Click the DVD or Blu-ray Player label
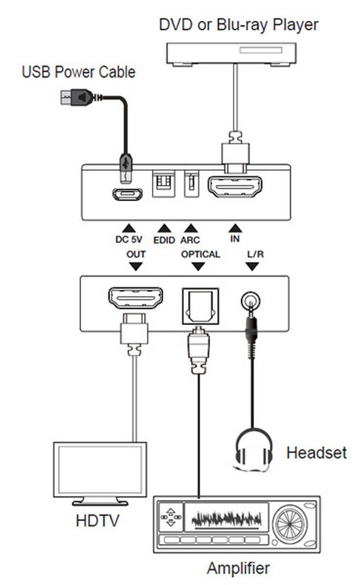pyautogui.click(x=238, y=25)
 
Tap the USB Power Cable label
pyautogui.click(x=78, y=72)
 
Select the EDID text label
pyautogui.click(x=165, y=240)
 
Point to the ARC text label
pyautogui.click(x=190, y=240)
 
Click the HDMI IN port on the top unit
pyautogui.click(x=234, y=187)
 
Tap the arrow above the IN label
pyautogui.click(x=234, y=227)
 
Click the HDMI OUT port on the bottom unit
pyautogui.click(x=135, y=298)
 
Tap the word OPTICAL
pyautogui.click(x=200, y=254)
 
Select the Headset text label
pyautogui.click(x=316, y=454)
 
